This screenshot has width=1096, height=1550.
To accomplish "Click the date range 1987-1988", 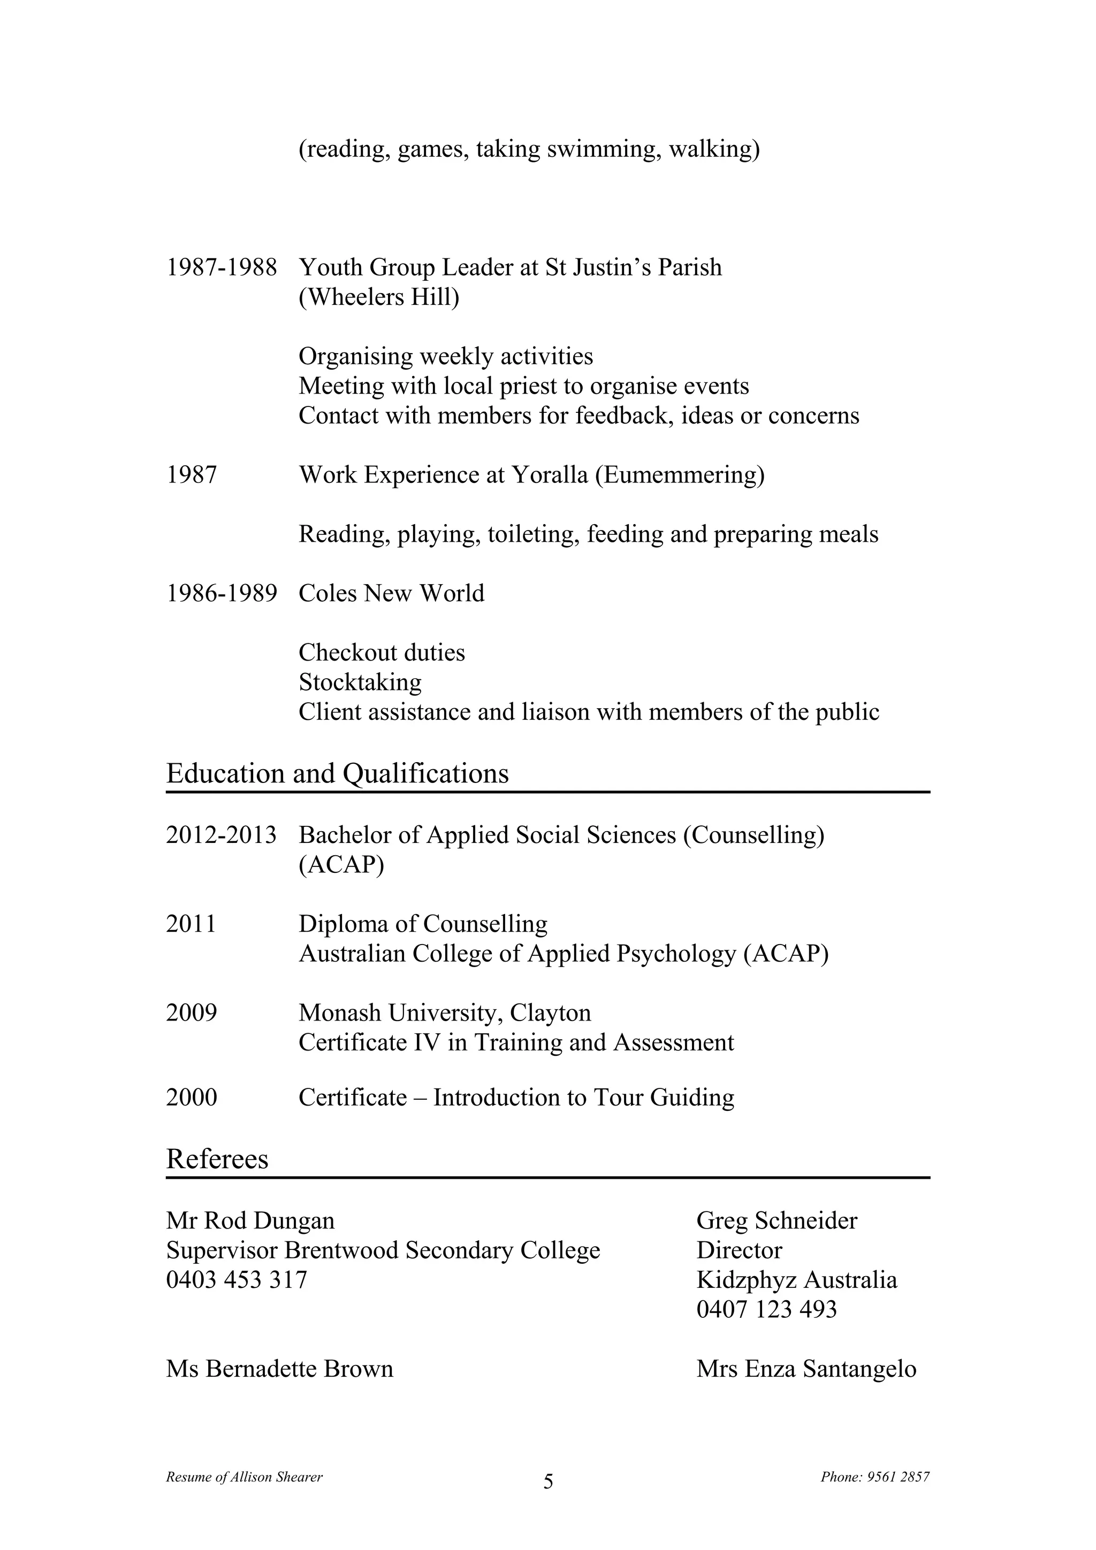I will pyautogui.click(x=222, y=268).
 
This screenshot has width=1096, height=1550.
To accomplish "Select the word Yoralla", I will pyautogui.click(x=550, y=475).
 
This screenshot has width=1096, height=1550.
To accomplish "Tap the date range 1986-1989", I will pyautogui.click(x=222, y=593).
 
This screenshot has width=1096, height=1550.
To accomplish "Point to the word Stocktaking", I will pyautogui.click(x=360, y=682).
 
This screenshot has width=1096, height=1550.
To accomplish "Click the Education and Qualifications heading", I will pyautogui.click(x=338, y=773).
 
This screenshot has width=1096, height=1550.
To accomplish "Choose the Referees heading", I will pyautogui.click(x=217, y=1159).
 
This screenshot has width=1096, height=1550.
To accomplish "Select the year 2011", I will pyautogui.click(x=191, y=924).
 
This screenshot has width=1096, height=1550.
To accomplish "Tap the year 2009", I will pyautogui.click(x=191, y=1012).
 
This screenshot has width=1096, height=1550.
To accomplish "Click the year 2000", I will pyautogui.click(x=191, y=1098).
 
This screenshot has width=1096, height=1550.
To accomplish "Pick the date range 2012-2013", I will pyautogui.click(x=222, y=835).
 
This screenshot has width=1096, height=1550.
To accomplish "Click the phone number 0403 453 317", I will pyautogui.click(x=237, y=1280).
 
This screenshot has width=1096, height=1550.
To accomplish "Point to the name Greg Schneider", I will pyautogui.click(x=777, y=1221).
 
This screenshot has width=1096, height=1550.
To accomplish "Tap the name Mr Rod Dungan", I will pyautogui.click(x=250, y=1221).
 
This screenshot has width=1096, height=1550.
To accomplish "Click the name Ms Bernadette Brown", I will pyautogui.click(x=279, y=1369).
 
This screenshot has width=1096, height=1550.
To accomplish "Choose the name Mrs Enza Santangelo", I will pyautogui.click(x=806, y=1369).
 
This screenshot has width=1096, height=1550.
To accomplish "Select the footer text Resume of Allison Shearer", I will pyautogui.click(x=245, y=1477).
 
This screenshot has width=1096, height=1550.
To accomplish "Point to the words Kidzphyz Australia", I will pyautogui.click(x=797, y=1280).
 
